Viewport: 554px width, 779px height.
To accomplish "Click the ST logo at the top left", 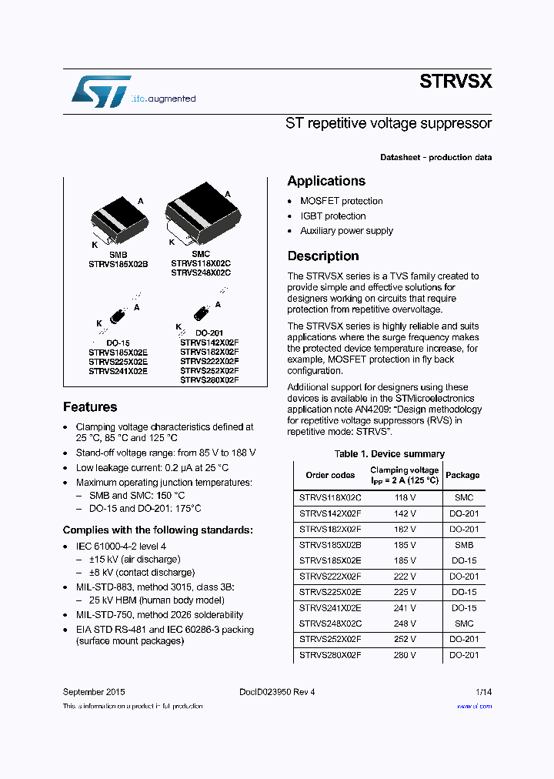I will click(101, 91).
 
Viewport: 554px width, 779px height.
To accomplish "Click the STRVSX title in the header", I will click(456, 82).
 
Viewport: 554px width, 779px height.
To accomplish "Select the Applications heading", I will click(326, 181).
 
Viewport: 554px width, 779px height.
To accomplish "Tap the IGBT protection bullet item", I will click(332, 216).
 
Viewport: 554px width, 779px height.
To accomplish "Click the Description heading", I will click(323, 256).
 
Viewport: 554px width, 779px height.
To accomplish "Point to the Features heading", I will click(90, 407).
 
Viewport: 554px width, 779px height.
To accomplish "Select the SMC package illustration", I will click(201, 212).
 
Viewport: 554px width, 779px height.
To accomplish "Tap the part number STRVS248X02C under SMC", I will click(201, 272).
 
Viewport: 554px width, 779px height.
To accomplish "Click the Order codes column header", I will click(330, 475).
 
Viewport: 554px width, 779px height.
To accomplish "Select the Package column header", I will click(462, 475).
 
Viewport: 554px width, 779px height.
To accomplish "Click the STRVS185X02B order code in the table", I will click(330, 544).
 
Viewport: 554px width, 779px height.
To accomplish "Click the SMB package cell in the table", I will click(463, 544).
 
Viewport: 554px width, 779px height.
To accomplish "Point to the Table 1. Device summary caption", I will click(389, 454).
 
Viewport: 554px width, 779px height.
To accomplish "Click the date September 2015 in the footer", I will click(94, 692).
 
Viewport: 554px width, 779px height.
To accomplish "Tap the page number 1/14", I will click(483, 692).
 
